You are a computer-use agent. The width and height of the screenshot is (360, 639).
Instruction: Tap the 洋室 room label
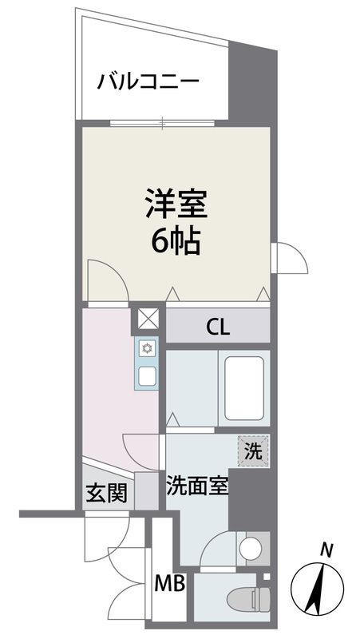coord(176,204)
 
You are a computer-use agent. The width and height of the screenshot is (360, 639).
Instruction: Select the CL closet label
coord(218,326)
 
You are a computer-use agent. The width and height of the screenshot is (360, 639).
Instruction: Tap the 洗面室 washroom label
coord(196,486)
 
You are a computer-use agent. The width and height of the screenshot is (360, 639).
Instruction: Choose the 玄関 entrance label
coord(106,494)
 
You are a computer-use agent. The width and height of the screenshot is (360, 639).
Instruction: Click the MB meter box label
coord(171,585)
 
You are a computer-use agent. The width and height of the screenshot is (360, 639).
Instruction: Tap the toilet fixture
coord(250,595)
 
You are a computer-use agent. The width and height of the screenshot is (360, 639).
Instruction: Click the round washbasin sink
coord(250,549)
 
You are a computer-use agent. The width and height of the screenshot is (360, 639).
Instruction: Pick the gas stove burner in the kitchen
coord(148,348)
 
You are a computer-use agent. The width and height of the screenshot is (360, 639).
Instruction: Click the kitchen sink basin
coord(148,375)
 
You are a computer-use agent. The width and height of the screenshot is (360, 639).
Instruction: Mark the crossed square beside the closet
coord(148,319)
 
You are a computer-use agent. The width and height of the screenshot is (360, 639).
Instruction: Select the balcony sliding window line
coord(164,122)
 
